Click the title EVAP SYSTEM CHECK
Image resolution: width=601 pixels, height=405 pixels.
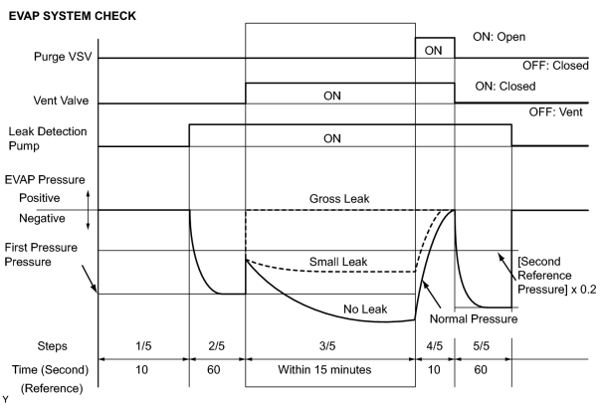coord(72,16)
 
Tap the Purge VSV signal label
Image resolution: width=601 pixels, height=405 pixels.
coord(63,57)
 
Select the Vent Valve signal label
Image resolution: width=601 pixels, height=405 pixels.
coord(61,101)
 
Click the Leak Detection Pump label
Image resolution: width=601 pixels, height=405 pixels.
coord(48,138)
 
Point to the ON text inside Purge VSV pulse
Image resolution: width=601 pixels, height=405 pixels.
coord(433,51)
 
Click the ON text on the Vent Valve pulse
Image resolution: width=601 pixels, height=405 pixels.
coord(332,96)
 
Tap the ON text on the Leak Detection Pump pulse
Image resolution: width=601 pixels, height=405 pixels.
coord(332,138)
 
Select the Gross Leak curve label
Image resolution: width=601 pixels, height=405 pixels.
coord(339,199)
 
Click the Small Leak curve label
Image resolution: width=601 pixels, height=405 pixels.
coord(338,262)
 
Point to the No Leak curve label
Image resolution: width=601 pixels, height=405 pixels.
coord(365,309)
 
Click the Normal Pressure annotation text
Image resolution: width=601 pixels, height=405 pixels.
coord(474,318)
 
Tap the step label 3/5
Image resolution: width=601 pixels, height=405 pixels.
coord(327,346)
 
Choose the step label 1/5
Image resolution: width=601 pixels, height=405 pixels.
coord(143,346)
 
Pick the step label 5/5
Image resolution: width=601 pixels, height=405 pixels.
coord(481,346)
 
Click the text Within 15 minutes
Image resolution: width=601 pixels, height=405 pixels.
coord(324,370)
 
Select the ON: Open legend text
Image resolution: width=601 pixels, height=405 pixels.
coord(500,37)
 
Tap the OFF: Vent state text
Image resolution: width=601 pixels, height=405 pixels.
coord(556,111)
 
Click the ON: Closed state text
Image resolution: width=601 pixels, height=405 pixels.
coord(505,87)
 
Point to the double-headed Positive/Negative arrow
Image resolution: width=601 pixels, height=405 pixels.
coord(89,210)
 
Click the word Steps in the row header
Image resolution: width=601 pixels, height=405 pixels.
coord(52,346)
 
